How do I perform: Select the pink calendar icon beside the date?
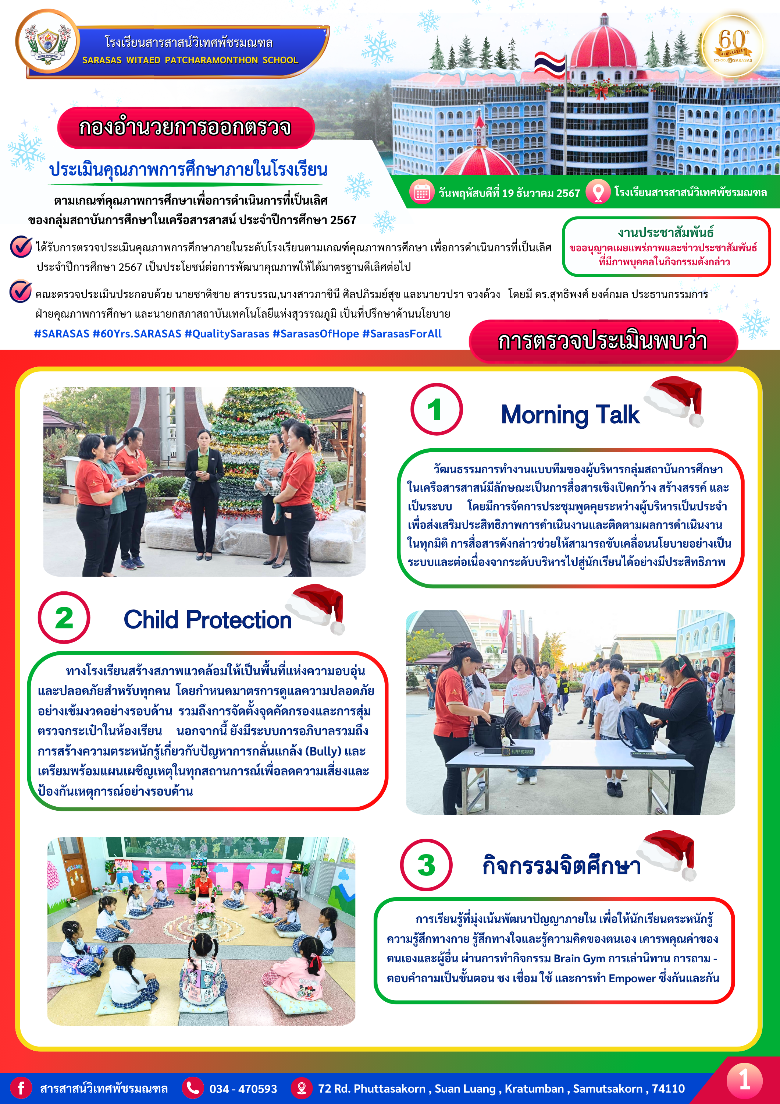[421, 193]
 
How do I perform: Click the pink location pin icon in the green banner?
[598, 192]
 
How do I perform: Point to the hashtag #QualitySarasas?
[227, 334]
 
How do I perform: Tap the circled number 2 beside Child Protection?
[64, 618]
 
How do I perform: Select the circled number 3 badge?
[426, 865]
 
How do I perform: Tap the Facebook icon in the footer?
[21, 1088]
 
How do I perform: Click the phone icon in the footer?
[193, 1088]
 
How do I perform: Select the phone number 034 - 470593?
[243, 1089]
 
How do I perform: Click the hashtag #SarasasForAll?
[402, 334]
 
